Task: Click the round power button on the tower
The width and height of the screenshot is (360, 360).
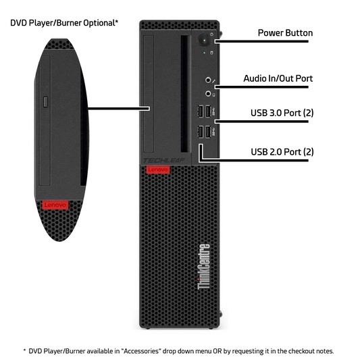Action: (204, 41)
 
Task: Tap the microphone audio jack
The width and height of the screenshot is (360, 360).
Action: (208, 80)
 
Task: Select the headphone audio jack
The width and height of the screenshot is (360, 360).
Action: (208, 94)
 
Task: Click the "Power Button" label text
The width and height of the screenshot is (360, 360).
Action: (285, 33)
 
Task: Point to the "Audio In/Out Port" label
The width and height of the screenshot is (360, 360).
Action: (278, 78)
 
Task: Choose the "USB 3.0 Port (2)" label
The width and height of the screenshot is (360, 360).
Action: (282, 113)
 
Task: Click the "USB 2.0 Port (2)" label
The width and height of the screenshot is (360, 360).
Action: (282, 152)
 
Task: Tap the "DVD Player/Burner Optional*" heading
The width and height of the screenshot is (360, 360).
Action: (64, 23)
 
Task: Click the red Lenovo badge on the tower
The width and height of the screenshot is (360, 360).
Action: (158, 170)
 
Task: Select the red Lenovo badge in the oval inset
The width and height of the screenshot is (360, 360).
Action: (55, 205)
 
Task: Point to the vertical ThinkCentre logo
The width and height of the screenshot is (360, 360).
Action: (203, 267)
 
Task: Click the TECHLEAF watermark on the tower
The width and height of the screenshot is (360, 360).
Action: (164, 161)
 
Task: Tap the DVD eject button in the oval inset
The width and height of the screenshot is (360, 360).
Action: (46, 102)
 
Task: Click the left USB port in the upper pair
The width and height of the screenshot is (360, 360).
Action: (201, 111)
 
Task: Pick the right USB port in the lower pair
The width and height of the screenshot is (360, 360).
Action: (208, 132)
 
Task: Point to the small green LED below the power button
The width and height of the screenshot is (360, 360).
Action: (205, 53)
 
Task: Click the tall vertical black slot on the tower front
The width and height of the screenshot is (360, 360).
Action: (184, 94)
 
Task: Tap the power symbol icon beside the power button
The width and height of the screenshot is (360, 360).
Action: (211, 34)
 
